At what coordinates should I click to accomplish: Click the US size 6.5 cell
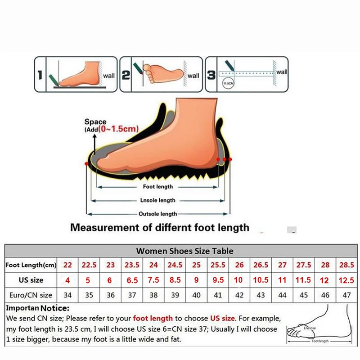(x=132, y=280)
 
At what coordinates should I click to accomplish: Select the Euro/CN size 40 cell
(x=196, y=295)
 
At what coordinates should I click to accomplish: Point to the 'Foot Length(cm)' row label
(x=31, y=265)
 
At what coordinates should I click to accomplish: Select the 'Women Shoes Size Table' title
(x=184, y=251)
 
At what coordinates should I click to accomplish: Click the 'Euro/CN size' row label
(x=31, y=295)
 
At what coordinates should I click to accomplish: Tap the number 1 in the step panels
(x=40, y=75)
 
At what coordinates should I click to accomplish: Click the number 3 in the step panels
(x=211, y=75)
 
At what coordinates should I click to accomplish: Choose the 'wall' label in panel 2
(x=193, y=76)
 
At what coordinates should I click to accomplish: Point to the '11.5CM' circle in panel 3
(x=228, y=84)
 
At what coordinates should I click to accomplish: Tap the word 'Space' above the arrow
(x=95, y=122)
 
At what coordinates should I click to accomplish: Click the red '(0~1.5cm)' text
(x=118, y=129)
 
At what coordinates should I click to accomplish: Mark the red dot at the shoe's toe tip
(x=86, y=164)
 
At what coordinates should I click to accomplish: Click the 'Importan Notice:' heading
(x=38, y=309)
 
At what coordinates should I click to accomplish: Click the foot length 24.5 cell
(x=175, y=265)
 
